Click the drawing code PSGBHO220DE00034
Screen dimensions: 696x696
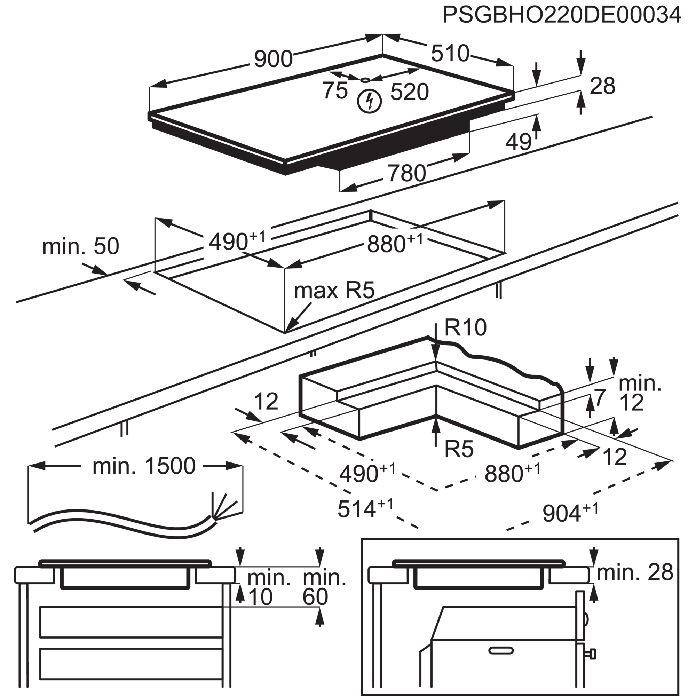(x=562, y=15)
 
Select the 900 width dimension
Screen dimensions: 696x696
(x=273, y=60)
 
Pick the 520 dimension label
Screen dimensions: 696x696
(x=410, y=92)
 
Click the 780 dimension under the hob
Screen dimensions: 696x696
(x=406, y=173)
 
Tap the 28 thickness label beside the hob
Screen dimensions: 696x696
(x=602, y=86)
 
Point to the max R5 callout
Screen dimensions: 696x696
(x=334, y=291)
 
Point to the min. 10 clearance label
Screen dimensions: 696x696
(x=267, y=587)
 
